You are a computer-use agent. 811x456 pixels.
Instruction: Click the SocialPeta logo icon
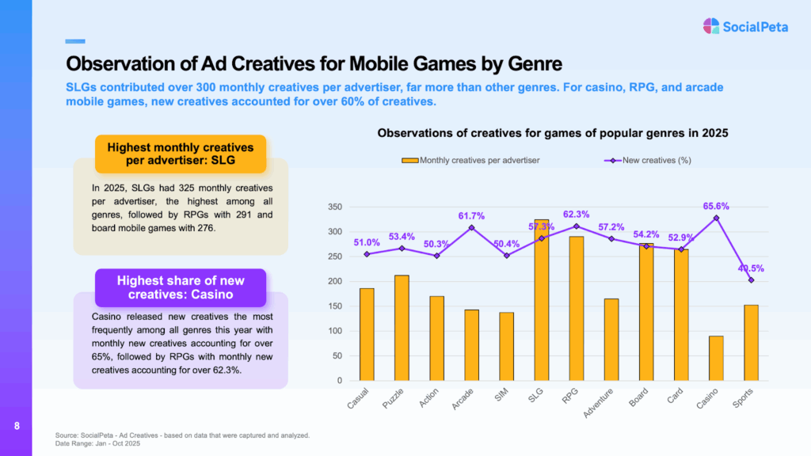pyautogui.click(x=711, y=26)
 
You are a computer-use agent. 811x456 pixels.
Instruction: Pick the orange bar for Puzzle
pyautogui.click(x=402, y=328)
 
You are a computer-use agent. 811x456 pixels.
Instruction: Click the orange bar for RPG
pyautogui.click(x=577, y=308)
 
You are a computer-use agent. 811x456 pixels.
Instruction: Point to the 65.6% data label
pyautogui.click(x=716, y=206)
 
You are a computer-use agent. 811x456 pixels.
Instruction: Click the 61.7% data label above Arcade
pyautogui.click(x=472, y=215)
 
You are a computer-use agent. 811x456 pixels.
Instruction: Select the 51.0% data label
pyautogui.click(x=367, y=242)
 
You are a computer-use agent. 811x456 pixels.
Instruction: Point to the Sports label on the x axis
pyautogui.click(x=744, y=396)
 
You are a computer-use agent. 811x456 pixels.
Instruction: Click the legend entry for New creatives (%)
pyautogui.click(x=654, y=160)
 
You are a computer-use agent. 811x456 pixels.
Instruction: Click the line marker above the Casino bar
pyautogui.click(x=716, y=218)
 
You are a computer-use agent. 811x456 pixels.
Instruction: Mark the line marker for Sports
pyautogui.click(x=751, y=280)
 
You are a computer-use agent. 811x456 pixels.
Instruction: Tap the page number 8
pyautogui.click(x=17, y=427)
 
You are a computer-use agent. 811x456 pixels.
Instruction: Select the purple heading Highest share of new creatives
pyautogui.click(x=181, y=287)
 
